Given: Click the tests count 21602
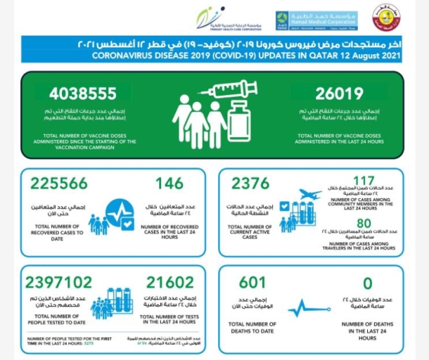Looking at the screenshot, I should [x=167, y=282].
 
